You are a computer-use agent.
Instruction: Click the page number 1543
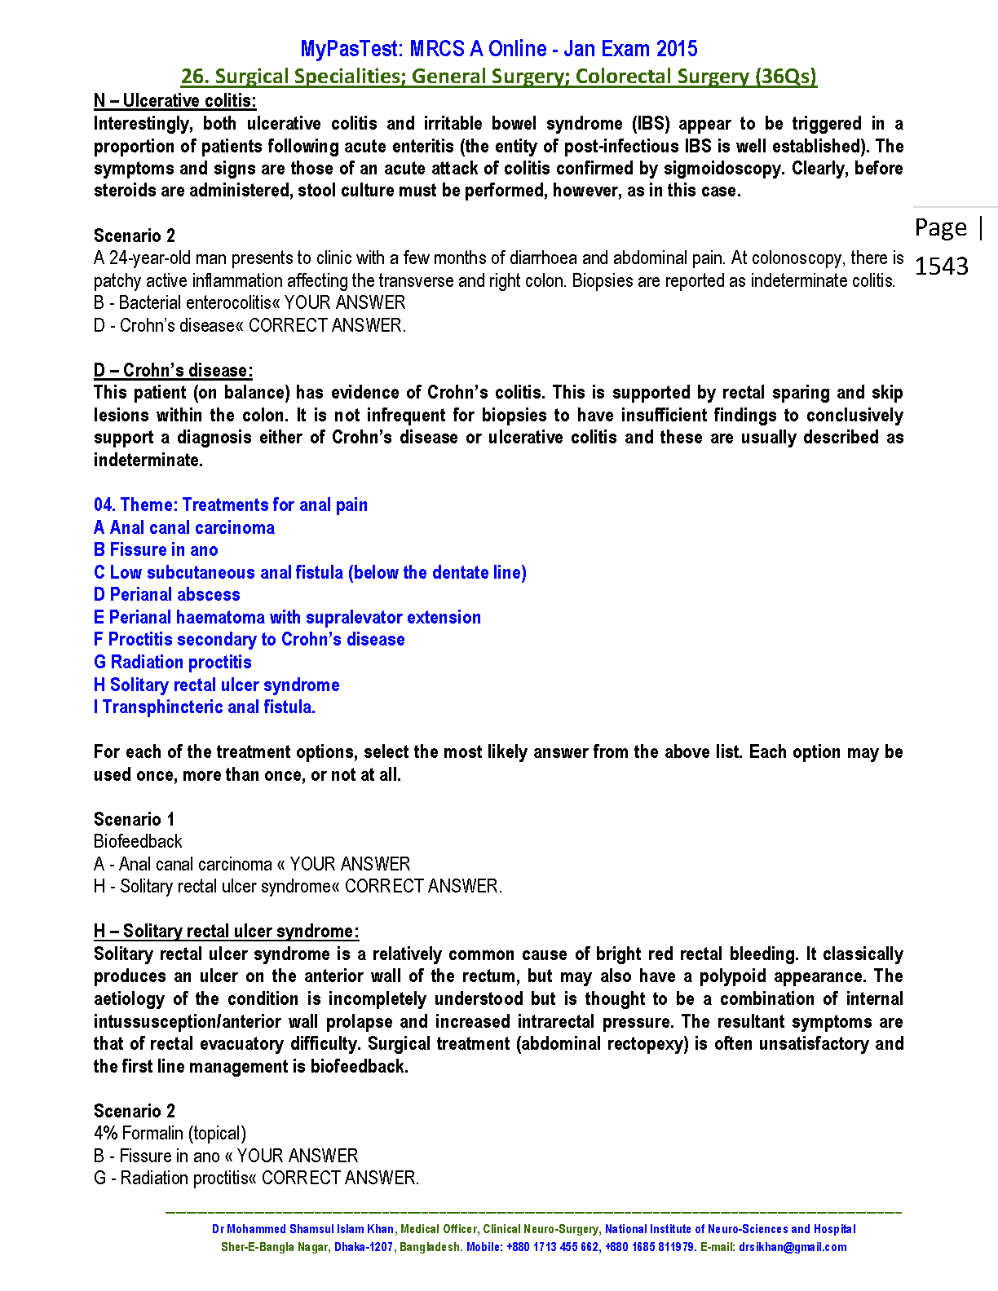942,266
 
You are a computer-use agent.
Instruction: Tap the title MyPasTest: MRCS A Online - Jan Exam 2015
498,49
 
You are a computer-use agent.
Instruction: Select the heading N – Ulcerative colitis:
174,101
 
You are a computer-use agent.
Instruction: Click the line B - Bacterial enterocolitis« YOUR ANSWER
249,303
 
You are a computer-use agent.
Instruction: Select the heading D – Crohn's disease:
173,371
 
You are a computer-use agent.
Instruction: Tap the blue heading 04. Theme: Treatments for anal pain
230,505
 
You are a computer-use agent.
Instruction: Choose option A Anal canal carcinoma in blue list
183,528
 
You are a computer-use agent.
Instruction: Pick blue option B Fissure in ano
156,550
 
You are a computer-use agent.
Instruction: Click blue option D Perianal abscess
166,595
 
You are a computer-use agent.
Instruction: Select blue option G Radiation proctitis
172,663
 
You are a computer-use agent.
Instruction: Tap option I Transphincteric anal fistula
204,707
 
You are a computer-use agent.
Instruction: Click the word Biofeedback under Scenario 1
138,842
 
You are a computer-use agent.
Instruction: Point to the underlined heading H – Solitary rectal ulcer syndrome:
226,932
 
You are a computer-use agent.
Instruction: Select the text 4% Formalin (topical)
170,1134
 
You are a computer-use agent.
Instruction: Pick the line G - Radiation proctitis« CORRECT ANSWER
256,1179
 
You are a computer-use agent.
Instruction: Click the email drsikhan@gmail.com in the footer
792,1248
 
